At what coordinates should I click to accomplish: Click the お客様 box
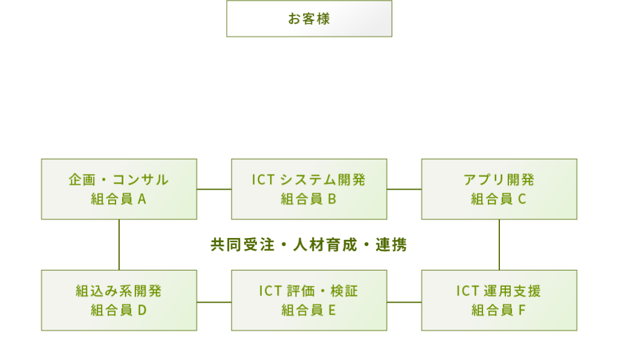coord(309,19)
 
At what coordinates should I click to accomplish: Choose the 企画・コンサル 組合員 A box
coord(119,189)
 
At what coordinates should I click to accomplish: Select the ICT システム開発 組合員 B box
coord(309,189)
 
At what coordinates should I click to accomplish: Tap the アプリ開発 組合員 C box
coord(499,189)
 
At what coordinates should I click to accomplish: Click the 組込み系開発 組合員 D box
coord(119,300)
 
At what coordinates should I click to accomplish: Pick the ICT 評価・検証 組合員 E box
coord(309,300)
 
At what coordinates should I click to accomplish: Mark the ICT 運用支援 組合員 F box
coord(499,300)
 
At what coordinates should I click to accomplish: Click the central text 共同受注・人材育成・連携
coord(308,245)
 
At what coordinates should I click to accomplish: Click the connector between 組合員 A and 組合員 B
coord(214,189)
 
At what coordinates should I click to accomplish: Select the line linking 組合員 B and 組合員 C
coord(404,189)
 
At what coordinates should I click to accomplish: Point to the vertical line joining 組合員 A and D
coord(119,245)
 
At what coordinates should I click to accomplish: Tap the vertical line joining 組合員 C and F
coord(499,245)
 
